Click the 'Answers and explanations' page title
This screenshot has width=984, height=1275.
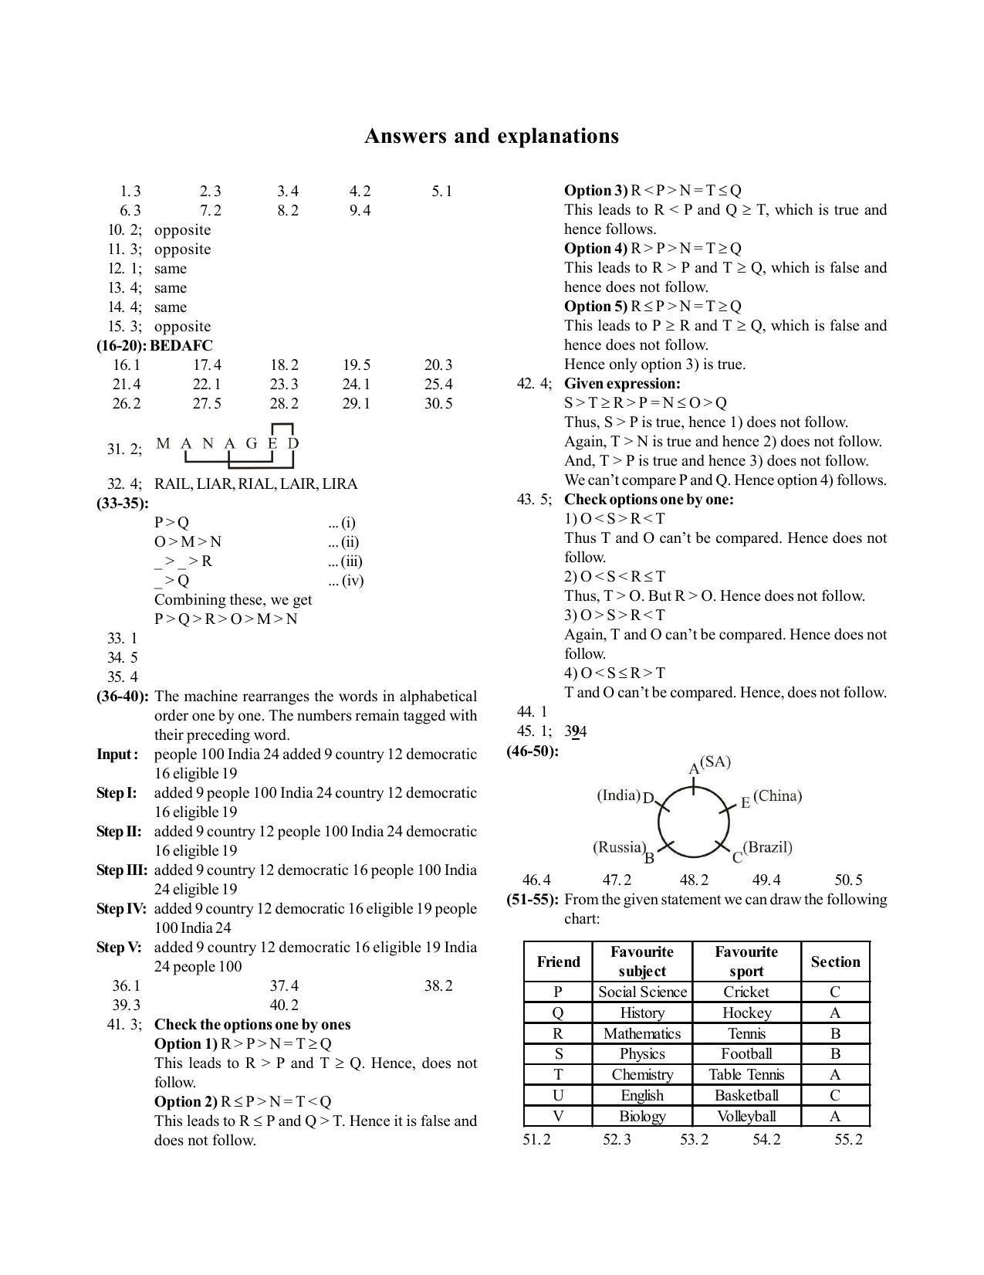491,136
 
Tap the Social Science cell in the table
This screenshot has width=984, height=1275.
642,992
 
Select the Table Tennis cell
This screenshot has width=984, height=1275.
746,1075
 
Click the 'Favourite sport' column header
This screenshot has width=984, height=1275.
746,961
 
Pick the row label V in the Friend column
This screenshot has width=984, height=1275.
558,1117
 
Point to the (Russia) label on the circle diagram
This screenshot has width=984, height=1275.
619,847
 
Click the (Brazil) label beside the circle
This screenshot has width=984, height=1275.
768,847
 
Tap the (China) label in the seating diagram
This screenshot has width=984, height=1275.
777,796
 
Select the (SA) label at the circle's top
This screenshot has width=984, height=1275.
715,762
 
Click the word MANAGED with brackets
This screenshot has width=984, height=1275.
227,443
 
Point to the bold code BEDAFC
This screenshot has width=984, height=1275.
181,346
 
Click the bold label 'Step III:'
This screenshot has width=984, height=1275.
122,870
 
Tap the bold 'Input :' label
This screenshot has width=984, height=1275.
117,754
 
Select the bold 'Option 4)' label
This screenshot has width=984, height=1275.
596,249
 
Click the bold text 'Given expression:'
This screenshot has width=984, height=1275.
622,384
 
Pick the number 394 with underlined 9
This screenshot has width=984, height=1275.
575,731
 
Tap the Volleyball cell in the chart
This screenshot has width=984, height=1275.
746,1117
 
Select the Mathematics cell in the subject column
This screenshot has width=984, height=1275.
642,1034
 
